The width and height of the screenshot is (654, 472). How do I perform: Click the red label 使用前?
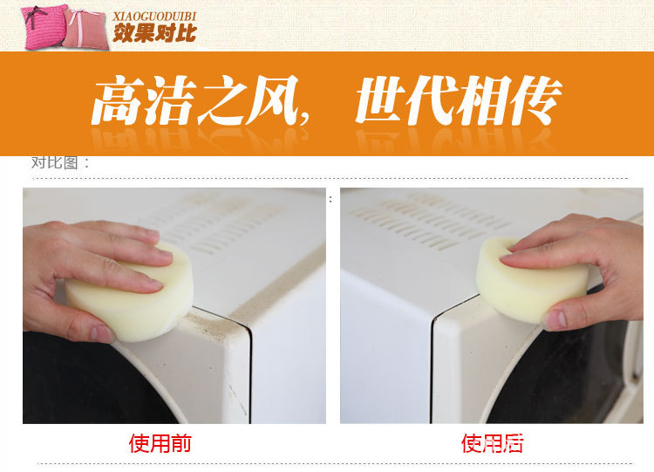(x=160, y=443)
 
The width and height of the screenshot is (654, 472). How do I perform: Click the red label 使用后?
(x=492, y=443)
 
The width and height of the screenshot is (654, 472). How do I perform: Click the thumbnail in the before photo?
(x=101, y=333)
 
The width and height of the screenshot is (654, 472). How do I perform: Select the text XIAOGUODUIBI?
(x=153, y=17)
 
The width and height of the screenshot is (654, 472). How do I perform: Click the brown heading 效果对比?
(x=154, y=32)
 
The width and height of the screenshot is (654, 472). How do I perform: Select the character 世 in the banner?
(x=381, y=100)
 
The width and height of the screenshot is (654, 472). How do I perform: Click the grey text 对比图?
(x=55, y=162)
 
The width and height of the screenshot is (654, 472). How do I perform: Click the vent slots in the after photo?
(x=430, y=222)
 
